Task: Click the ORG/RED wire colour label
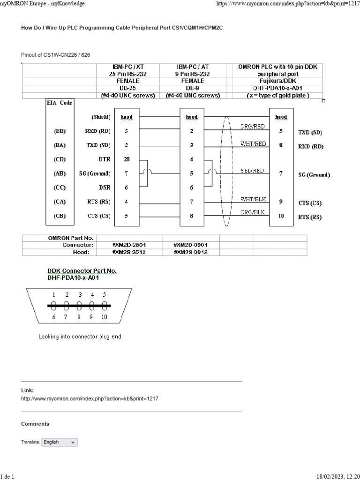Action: coord(252,127)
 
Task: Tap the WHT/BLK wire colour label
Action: coord(253,199)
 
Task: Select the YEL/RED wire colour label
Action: coord(252,171)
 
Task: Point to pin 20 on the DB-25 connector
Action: coord(127,159)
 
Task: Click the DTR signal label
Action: coord(105,159)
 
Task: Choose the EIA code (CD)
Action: coord(60,159)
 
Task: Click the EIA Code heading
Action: coord(59,103)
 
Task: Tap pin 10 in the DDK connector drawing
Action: coord(104,317)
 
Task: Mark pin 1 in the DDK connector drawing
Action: coord(54,295)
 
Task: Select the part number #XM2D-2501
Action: coord(128,245)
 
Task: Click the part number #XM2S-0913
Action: coord(190,252)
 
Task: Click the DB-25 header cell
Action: coord(128,88)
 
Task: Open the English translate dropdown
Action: coord(60,442)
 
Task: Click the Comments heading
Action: coord(35,424)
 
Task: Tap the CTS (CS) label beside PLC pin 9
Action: coord(310,203)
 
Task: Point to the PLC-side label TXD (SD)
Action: coord(310,133)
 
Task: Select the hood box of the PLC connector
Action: coord(281,117)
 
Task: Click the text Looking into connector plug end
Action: coord(80,337)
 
